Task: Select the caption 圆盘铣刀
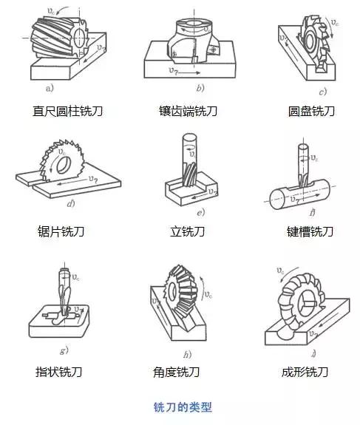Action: click(x=311, y=111)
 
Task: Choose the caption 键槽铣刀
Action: click(x=310, y=231)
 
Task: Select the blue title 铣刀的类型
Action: click(x=181, y=406)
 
